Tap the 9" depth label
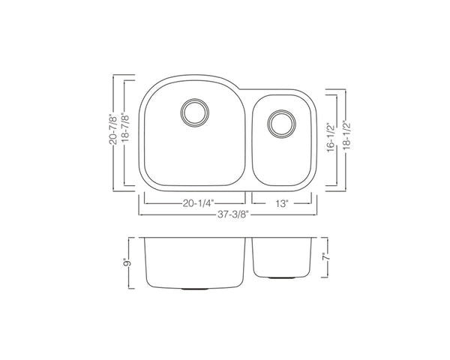(127, 263)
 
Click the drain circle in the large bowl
(193, 112)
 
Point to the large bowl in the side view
(193, 262)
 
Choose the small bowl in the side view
(283, 256)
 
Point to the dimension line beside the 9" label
(135, 263)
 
